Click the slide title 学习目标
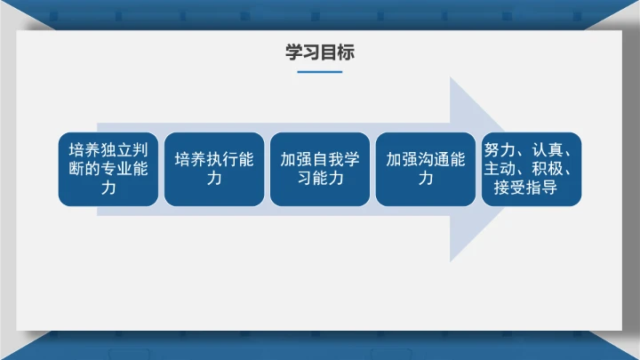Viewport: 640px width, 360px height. coord(319,52)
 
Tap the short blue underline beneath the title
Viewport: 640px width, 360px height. coord(319,72)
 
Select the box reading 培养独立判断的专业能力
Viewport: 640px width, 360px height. coord(108,169)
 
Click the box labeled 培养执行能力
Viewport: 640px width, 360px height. coord(214,169)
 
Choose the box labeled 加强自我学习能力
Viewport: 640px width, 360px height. coord(320,169)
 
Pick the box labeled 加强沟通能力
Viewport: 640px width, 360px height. coord(426,169)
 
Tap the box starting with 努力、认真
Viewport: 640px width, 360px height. coord(532,169)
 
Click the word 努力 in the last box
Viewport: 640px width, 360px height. coord(499,149)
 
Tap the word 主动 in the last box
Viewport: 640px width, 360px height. coord(499,169)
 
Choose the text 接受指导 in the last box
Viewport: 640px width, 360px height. coord(525,188)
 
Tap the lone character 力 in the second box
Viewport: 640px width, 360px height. coord(214,179)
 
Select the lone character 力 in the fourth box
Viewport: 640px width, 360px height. coord(426,179)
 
